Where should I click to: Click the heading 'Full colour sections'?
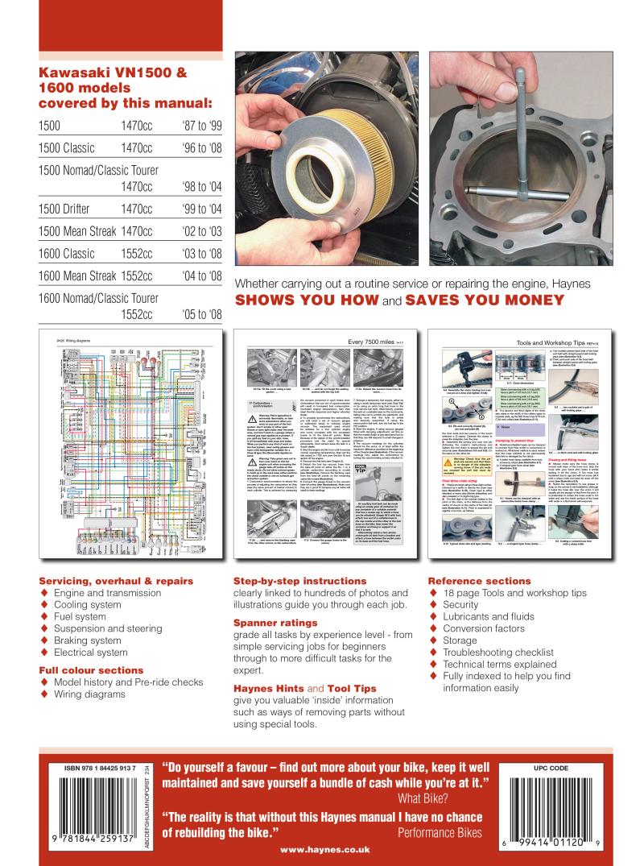click(91, 669)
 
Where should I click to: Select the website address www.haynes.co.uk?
click(321, 848)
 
